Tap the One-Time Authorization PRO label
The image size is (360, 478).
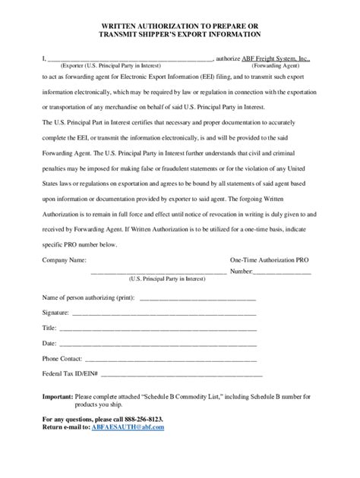[x=270, y=259]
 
